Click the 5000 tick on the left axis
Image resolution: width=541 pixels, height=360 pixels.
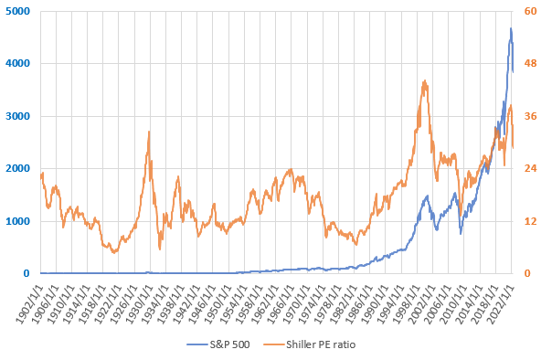tap(17, 11)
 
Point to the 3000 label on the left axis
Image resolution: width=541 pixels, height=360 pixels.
tap(17, 116)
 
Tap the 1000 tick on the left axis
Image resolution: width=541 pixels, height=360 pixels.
tap(17, 221)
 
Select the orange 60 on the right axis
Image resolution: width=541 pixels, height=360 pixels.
tap(530, 11)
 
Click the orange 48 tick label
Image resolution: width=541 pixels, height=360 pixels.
tap(530, 63)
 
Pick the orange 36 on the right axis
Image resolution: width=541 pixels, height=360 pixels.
tap(530, 116)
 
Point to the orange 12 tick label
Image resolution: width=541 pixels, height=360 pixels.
tap(530, 221)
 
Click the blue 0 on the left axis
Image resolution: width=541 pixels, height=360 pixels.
tap(27, 273)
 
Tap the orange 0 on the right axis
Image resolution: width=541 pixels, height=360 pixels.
tap(527, 273)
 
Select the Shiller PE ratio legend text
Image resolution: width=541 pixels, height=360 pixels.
tap(321, 344)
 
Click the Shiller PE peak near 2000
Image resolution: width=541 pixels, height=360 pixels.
tap(425, 80)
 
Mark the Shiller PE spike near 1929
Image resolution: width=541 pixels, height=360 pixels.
tap(149, 132)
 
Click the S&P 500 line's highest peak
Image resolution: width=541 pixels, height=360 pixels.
tap(511, 28)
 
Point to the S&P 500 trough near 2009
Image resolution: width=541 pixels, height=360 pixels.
tap(461, 234)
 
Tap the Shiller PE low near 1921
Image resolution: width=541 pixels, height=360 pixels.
tap(114, 252)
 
